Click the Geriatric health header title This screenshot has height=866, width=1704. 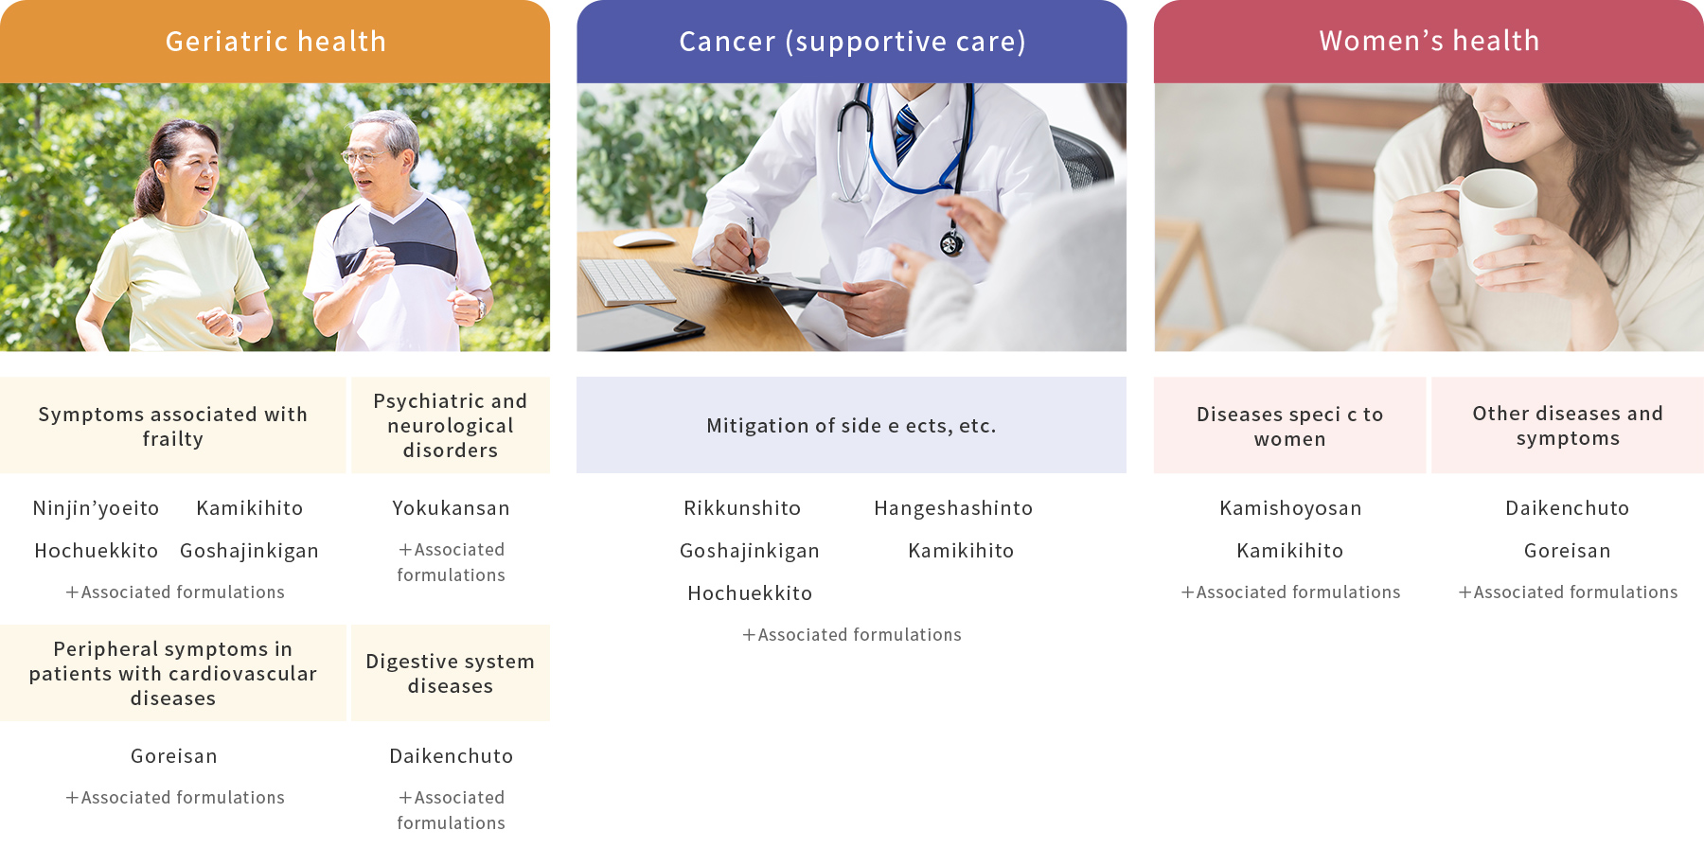click(x=275, y=42)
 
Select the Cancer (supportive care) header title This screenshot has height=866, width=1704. click(x=852, y=42)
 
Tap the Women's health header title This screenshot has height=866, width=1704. click(x=1429, y=41)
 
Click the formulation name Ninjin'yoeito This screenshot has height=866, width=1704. click(x=96, y=508)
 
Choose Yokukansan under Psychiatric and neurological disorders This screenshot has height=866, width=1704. click(x=451, y=508)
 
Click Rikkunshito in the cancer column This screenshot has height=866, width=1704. click(x=742, y=508)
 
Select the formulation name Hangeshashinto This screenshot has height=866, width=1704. click(x=953, y=508)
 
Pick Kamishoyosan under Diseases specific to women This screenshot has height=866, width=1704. click(x=1290, y=508)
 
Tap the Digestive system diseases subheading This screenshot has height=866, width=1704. click(x=451, y=673)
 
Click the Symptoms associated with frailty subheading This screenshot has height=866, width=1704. click(x=173, y=426)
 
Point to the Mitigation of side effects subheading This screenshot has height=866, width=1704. click(x=851, y=426)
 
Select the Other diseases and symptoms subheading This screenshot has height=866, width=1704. click(x=1568, y=426)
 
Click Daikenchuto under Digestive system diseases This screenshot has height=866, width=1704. click(x=451, y=756)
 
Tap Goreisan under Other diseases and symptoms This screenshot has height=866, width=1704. click(x=1568, y=551)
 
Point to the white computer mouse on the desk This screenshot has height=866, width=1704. click(x=644, y=239)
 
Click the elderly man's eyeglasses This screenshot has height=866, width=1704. click(x=364, y=157)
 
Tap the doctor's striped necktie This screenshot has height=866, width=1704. click(x=906, y=133)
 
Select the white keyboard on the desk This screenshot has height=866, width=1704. click(x=627, y=281)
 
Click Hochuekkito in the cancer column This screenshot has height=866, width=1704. click(x=750, y=593)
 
